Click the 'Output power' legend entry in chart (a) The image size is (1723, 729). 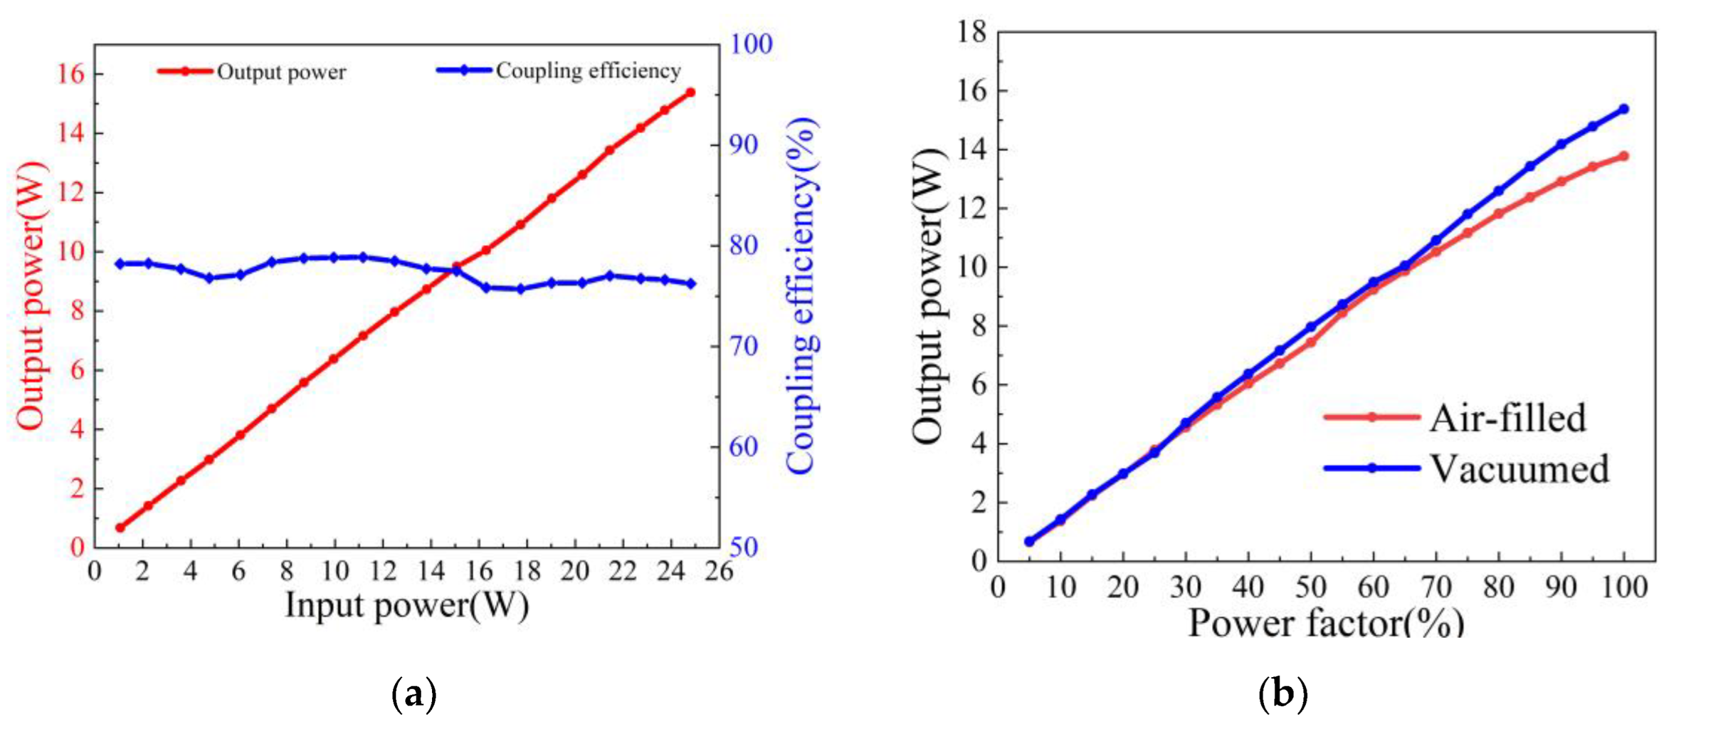click(x=281, y=72)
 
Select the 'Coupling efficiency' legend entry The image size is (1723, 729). click(x=587, y=71)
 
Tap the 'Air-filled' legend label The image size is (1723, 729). click(x=1508, y=419)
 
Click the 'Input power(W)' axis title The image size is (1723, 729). click(x=407, y=606)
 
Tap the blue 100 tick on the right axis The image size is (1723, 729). click(x=750, y=44)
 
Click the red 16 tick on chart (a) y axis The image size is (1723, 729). click(x=70, y=74)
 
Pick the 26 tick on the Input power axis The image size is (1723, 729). click(x=718, y=572)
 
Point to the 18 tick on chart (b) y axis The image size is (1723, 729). click(x=971, y=31)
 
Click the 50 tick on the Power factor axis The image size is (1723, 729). click(x=1310, y=588)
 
